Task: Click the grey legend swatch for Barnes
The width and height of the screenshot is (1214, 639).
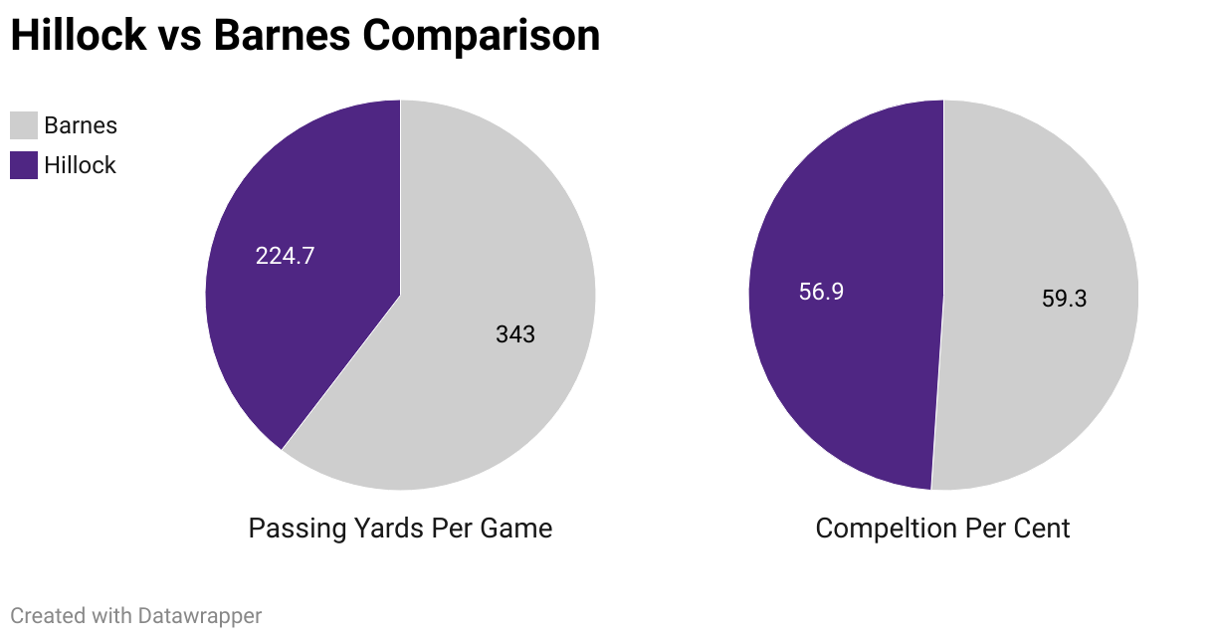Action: (24, 125)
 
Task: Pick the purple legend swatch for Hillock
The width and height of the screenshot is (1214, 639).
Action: (24, 165)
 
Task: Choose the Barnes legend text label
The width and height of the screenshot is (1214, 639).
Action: (81, 125)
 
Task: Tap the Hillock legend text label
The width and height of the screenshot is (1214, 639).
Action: (80, 165)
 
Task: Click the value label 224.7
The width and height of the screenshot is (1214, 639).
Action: (285, 256)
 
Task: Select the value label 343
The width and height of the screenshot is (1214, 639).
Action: (515, 334)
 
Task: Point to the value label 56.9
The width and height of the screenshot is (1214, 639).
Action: (821, 292)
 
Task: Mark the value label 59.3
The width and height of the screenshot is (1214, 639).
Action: (1064, 299)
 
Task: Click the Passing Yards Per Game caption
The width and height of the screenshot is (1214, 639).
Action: (400, 528)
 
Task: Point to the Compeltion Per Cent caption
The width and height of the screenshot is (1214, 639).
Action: (942, 528)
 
